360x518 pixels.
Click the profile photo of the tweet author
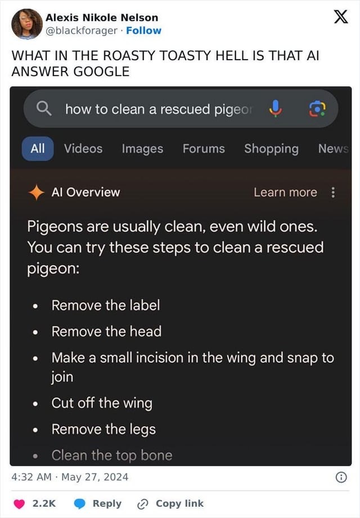(x=27, y=24)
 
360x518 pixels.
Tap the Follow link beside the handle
(x=143, y=30)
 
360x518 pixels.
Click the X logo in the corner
(x=341, y=16)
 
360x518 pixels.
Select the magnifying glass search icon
(x=44, y=109)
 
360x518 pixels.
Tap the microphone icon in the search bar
(x=275, y=109)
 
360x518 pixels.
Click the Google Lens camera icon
(x=317, y=109)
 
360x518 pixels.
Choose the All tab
(x=38, y=149)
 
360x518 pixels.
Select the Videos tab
(x=83, y=149)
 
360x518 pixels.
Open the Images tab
(x=142, y=149)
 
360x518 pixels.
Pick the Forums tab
(x=204, y=149)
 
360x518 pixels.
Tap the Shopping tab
(x=271, y=149)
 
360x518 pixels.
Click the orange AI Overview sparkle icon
(x=37, y=192)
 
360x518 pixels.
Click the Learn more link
(x=285, y=192)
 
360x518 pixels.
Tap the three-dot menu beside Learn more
(x=333, y=192)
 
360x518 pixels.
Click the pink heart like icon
(x=19, y=504)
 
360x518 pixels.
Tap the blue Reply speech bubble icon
(x=79, y=504)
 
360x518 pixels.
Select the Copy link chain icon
(x=142, y=504)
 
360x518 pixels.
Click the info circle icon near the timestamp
(x=341, y=477)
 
